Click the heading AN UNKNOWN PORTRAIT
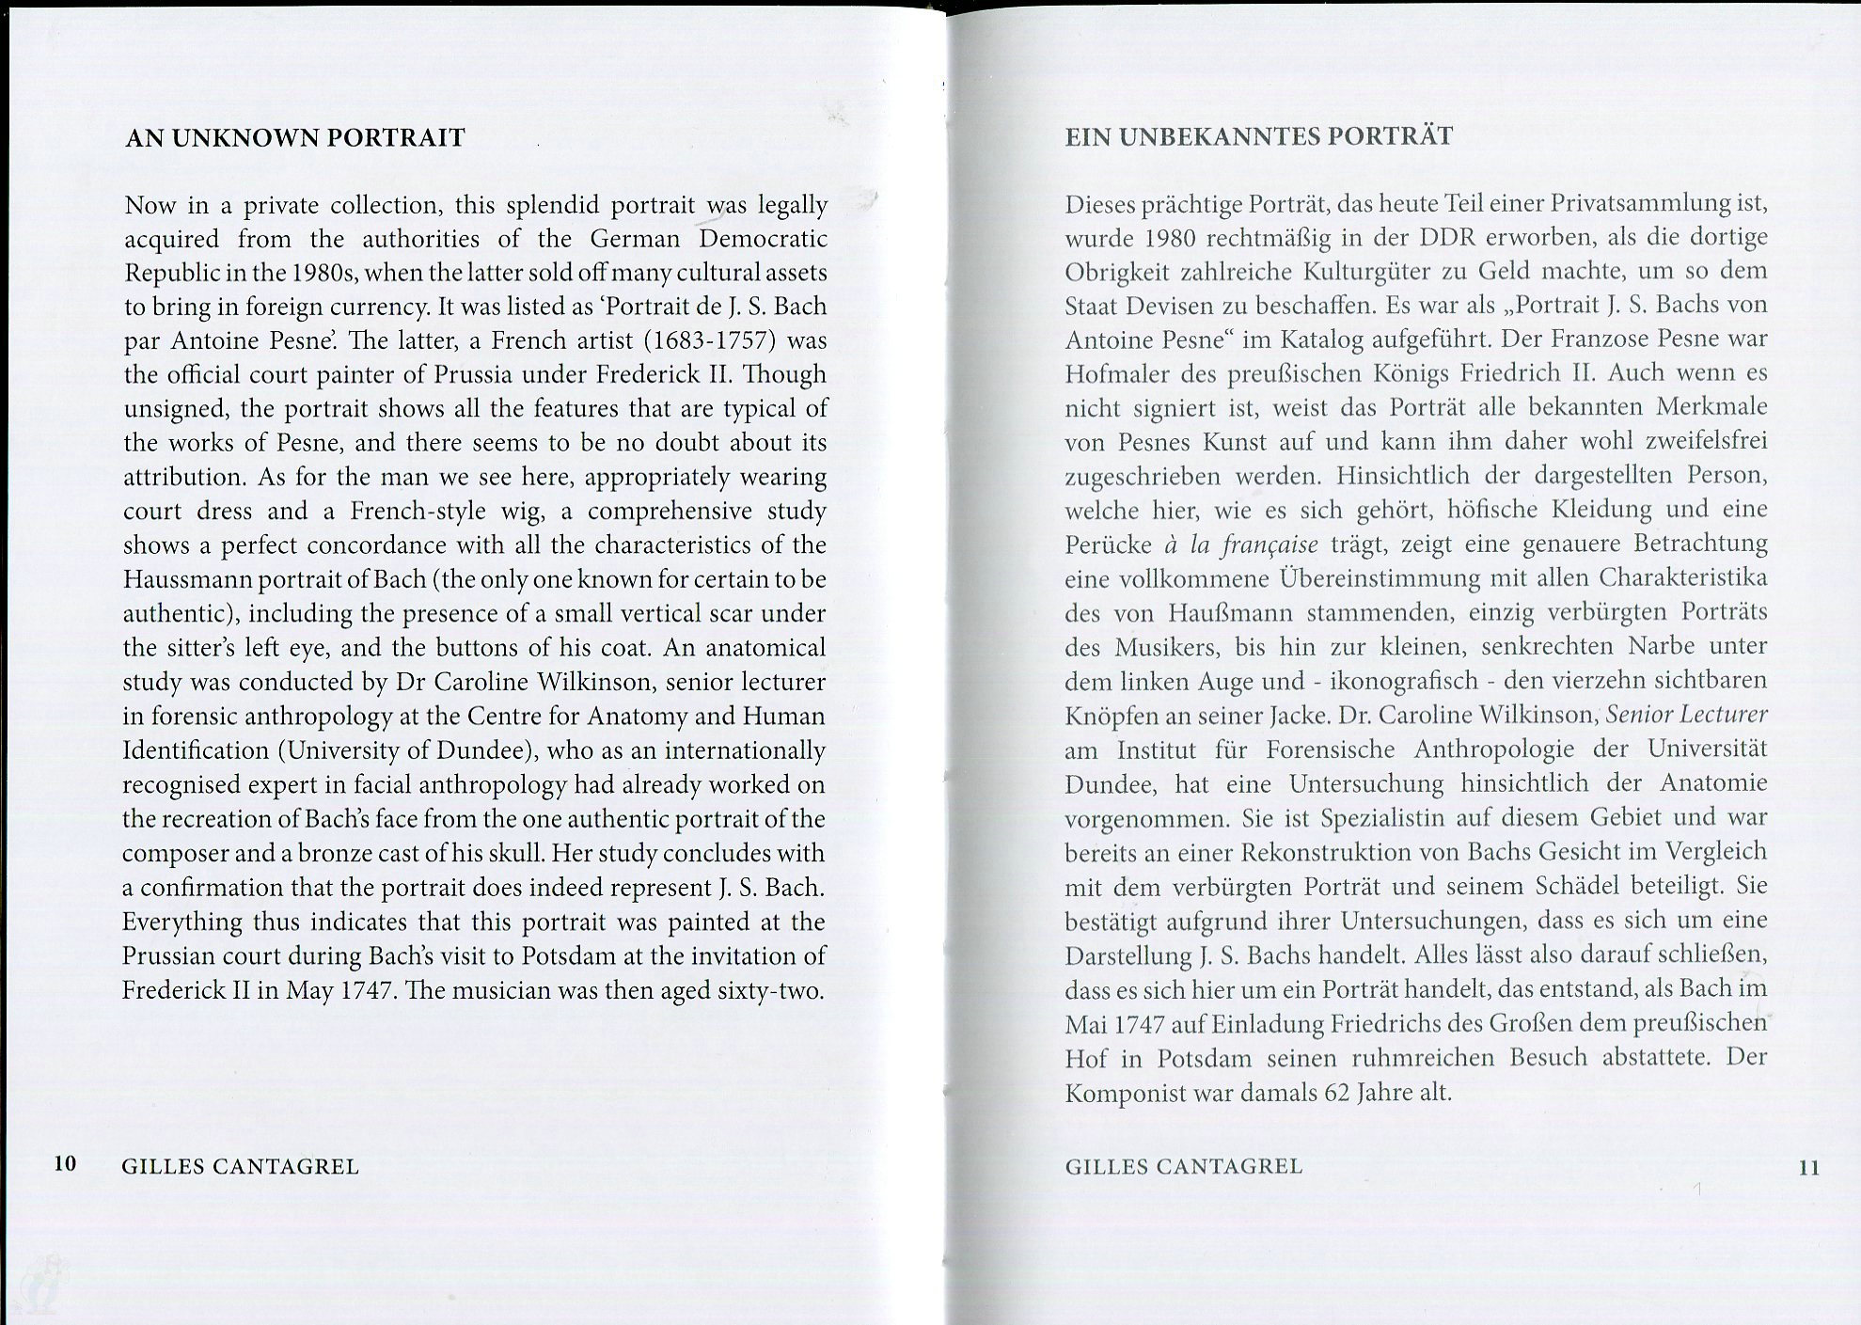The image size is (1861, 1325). [x=295, y=138]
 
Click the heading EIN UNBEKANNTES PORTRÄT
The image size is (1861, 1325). [x=1258, y=136]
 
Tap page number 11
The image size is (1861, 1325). [x=1808, y=1168]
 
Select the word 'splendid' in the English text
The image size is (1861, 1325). [x=552, y=204]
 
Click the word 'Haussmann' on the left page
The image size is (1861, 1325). [x=179, y=579]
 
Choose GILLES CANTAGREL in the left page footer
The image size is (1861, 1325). [x=241, y=1167]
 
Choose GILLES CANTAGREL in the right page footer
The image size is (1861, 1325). [x=1184, y=1167]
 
